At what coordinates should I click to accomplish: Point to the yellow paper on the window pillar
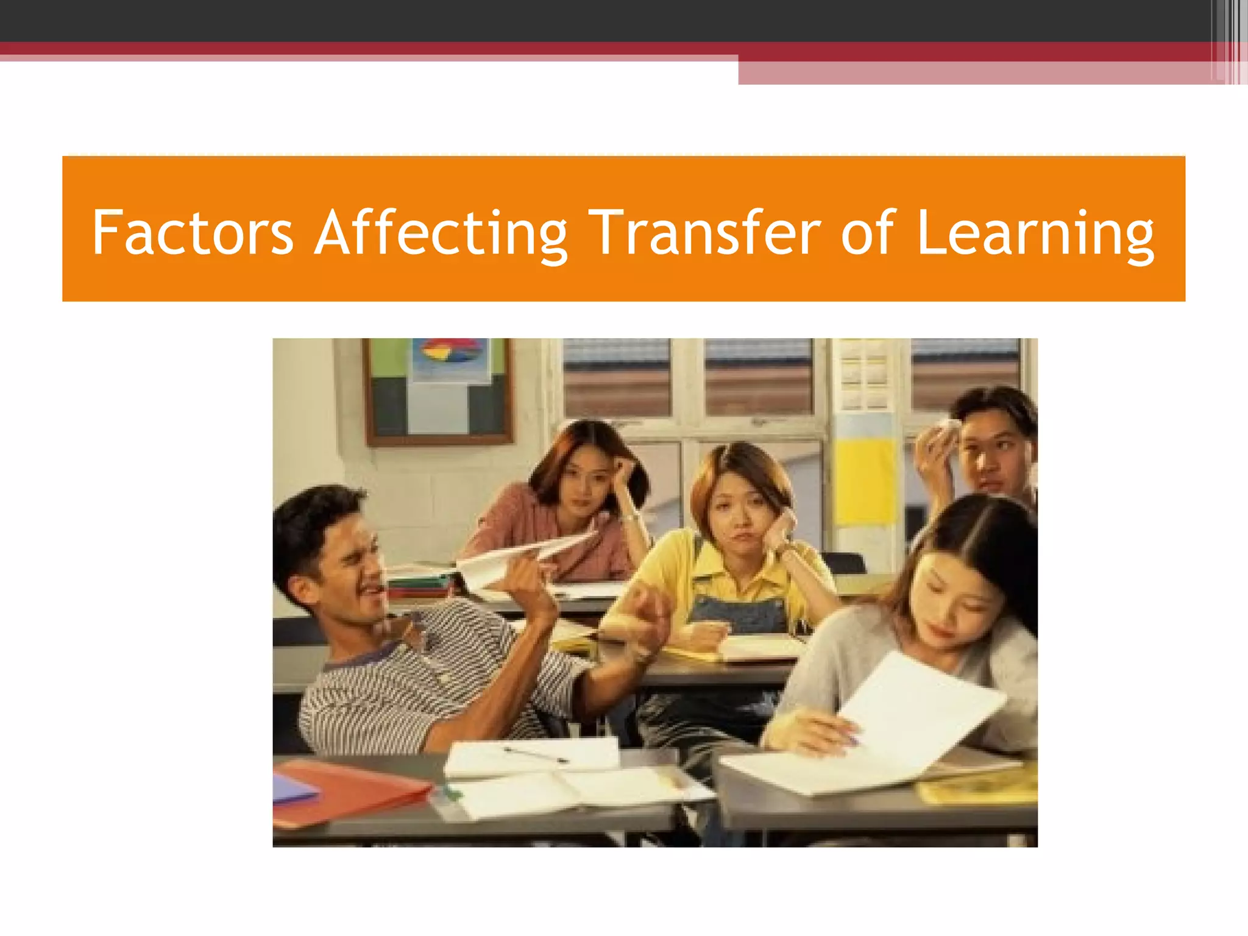coord(865,481)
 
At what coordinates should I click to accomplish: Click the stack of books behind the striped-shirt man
coord(420,585)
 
